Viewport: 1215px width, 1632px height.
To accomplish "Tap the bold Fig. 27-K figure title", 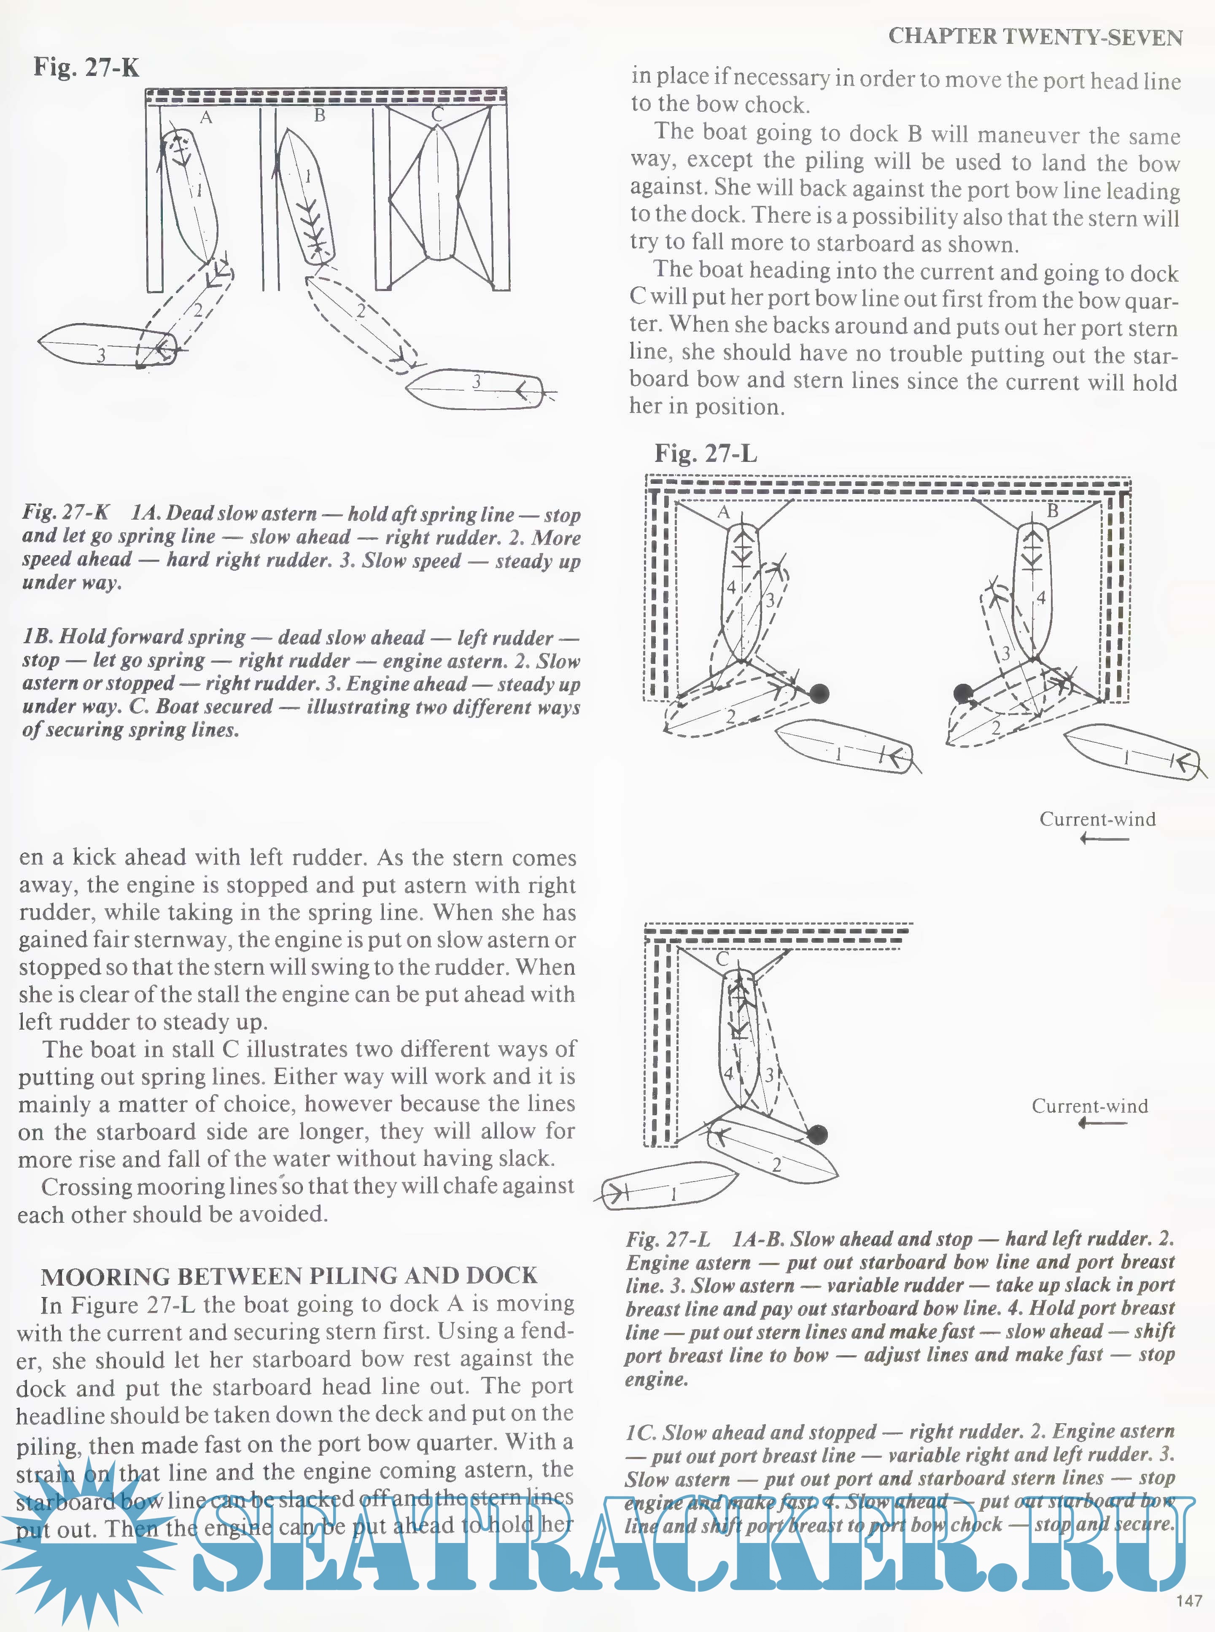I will (86, 67).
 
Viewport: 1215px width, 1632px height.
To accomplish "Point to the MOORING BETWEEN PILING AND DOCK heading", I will (288, 1275).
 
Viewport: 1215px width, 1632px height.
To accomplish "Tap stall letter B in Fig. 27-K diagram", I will (319, 116).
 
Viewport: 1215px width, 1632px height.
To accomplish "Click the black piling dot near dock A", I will (819, 693).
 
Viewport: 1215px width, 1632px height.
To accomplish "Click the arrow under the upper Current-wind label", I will (1105, 839).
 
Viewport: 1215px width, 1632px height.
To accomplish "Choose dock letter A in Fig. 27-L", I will (724, 513).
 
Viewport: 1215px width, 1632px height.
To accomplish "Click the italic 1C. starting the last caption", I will (640, 1432).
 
